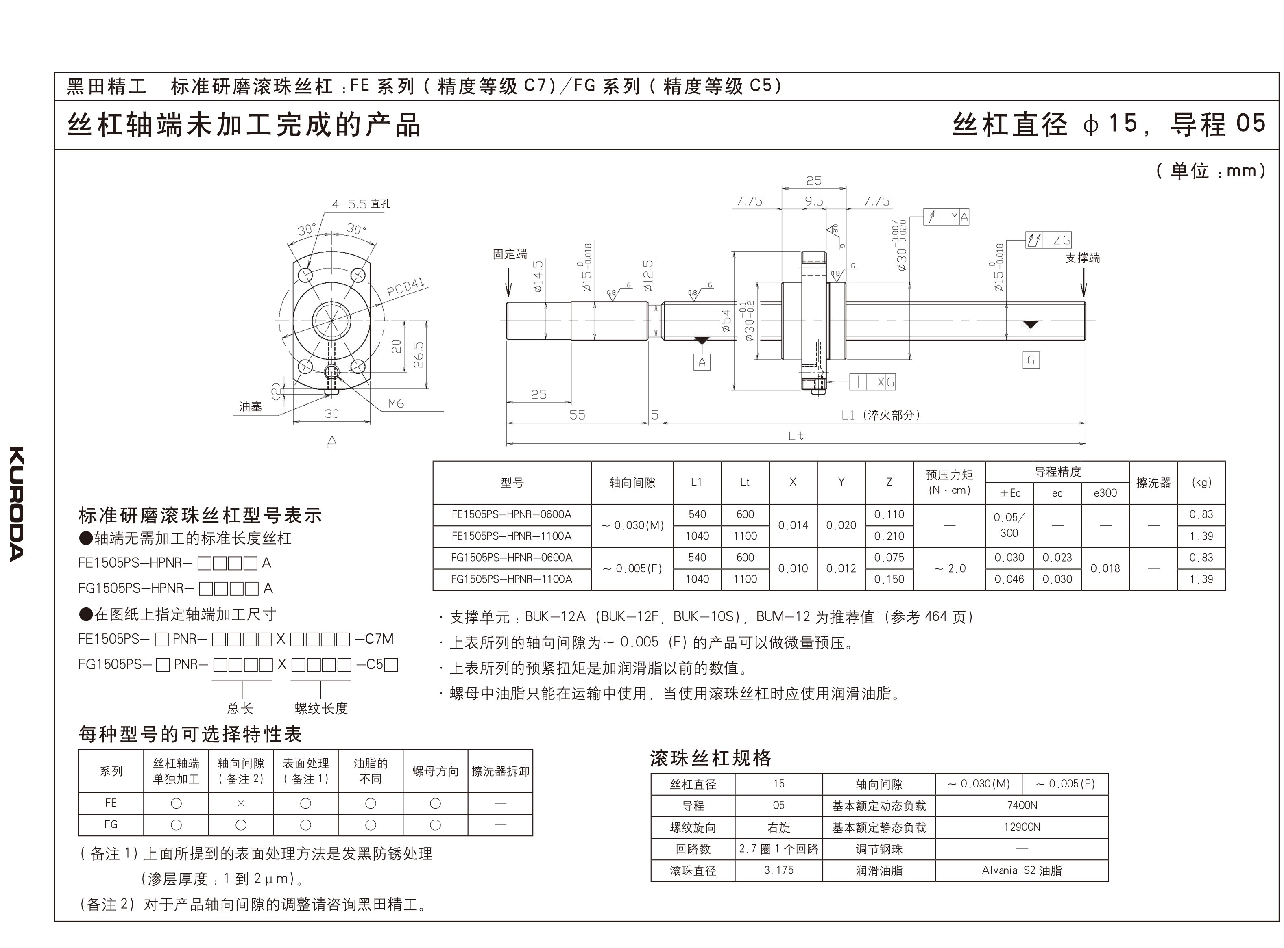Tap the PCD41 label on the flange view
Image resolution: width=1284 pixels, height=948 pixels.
pos(405,287)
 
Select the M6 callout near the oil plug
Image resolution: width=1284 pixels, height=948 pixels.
pos(396,403)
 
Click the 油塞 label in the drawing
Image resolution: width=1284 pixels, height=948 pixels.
pos(251,406)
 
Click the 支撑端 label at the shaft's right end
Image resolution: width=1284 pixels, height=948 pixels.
pos(1082,258)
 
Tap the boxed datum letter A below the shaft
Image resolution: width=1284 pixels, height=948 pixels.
pos(702,362)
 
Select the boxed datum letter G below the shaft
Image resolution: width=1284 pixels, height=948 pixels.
pos(1031,360)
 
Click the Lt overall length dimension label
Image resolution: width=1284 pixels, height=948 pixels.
pos(796,436)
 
